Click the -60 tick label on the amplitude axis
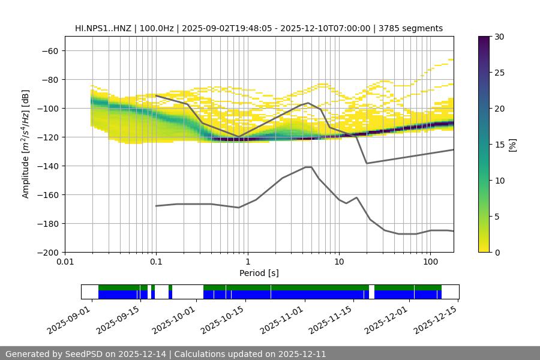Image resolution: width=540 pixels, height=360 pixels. point(49,50)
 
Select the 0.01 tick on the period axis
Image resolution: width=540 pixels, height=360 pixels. point(65,262)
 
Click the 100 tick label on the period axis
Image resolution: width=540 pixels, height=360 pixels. point(430,262)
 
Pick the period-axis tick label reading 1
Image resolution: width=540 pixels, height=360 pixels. point(247,262)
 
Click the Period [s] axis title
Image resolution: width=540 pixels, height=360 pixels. point(259,273)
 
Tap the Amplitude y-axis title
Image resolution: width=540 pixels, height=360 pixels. point(26,144)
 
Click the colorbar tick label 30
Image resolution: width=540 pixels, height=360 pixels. point(499,37)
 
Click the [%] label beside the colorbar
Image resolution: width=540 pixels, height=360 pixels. point(512,145)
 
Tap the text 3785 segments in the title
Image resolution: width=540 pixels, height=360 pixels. point(411,28)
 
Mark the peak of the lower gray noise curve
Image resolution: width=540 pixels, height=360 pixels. point(308,167)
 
